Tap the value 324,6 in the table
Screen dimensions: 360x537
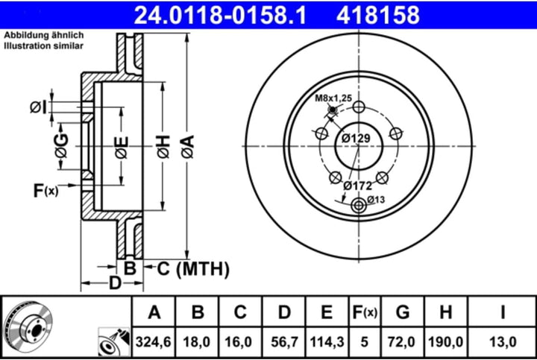click(154, 342)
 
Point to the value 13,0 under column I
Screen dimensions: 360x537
click(503, 342)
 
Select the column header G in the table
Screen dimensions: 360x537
click(403, 312)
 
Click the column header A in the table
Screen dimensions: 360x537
click(154, 312)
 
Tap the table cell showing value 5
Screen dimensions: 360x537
click(363, 342)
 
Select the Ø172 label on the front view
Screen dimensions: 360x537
click(357, 185)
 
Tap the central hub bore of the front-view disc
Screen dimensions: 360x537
click(358, 145)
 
